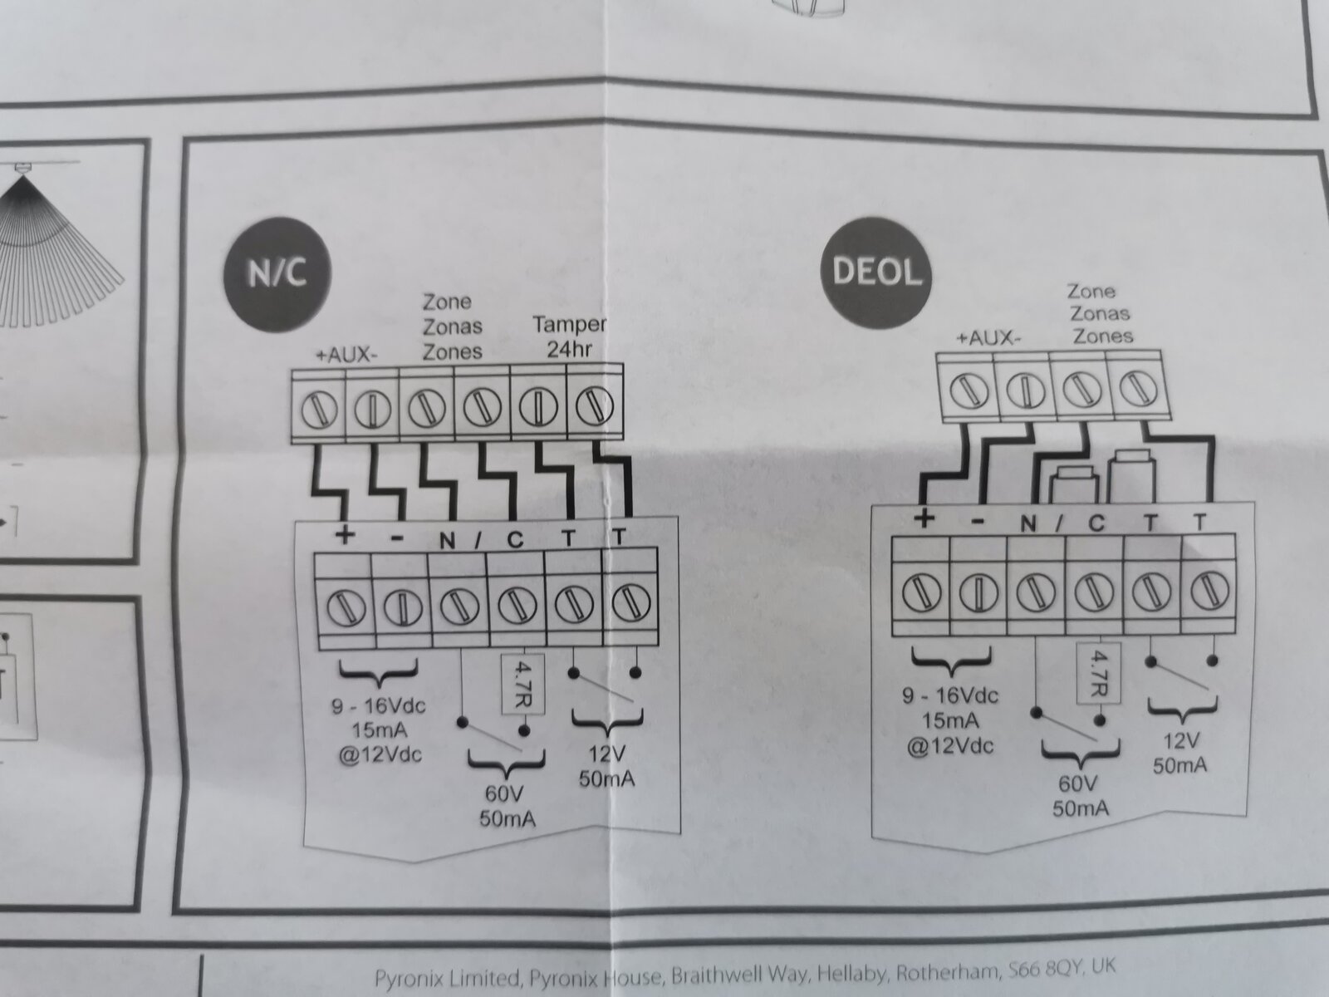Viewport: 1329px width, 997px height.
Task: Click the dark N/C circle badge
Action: (x=277, y=274)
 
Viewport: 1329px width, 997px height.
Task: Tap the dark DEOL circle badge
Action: (x=875, y=272)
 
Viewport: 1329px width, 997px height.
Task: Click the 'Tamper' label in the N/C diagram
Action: (x=569, y=325)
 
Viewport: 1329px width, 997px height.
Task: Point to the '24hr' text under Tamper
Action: (x=570, y=350)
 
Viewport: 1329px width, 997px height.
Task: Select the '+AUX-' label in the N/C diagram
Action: (x=346, y=356)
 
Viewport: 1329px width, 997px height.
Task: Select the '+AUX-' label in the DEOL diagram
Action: (x=988, y=338)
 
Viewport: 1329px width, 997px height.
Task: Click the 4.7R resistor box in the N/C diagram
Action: (x=523, y=684)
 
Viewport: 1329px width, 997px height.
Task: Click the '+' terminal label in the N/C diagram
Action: (x=345, y=535)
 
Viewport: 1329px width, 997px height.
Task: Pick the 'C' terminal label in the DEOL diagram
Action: (x=1096, y=523)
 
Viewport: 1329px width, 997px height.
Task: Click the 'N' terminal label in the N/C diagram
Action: (x=447, y=541)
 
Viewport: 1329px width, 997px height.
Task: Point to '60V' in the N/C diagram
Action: (x=503, y=793)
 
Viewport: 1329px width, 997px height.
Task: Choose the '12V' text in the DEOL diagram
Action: (x=1181, y=740)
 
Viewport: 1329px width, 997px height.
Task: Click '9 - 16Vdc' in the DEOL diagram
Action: (x=950, y=696)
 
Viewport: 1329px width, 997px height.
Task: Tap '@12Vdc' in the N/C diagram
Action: (x=380, y=755)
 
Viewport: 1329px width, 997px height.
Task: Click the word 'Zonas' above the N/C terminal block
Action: (x=453, y=327)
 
